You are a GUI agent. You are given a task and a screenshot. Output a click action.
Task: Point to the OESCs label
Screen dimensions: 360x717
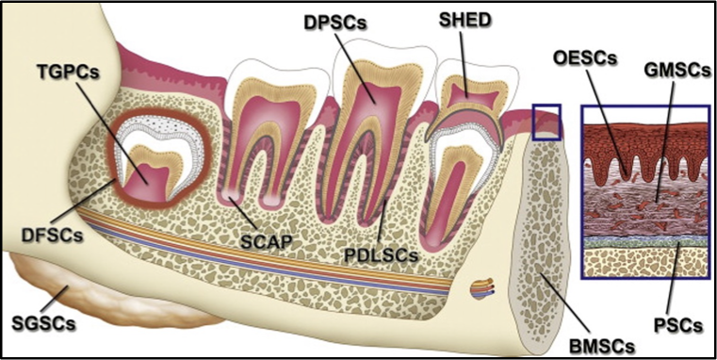[583, 59]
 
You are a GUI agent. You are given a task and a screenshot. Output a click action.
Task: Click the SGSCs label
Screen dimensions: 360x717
[41, 322]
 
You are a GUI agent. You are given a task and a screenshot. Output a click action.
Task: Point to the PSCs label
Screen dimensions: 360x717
[676, 325]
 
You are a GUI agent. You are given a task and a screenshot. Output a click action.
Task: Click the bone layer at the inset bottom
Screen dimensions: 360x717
[645, 262]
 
